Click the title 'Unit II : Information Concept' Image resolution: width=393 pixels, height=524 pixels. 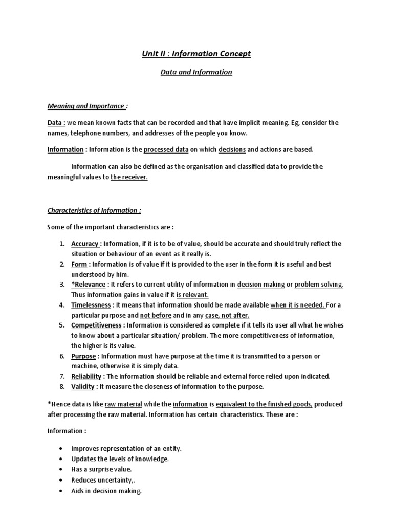point(196,54)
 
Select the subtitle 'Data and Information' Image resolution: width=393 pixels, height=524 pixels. point(196,72)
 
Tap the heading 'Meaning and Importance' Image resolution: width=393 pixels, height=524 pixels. point(86,106)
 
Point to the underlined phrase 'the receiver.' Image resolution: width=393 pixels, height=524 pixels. point(129,177)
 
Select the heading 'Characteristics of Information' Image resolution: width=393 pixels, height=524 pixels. point(93,210)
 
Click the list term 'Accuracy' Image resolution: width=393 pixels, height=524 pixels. point(85,244)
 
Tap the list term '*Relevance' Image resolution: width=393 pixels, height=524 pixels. point(89,285)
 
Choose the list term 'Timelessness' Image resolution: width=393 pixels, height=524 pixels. point(91,305)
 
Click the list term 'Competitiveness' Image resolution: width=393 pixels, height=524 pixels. point(96,325)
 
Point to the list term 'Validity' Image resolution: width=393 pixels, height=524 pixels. point(82,386)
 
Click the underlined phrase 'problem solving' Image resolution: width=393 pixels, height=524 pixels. point(318,285)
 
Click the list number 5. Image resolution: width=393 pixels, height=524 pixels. point(61,325)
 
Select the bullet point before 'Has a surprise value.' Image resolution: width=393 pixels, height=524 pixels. point(61,469)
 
